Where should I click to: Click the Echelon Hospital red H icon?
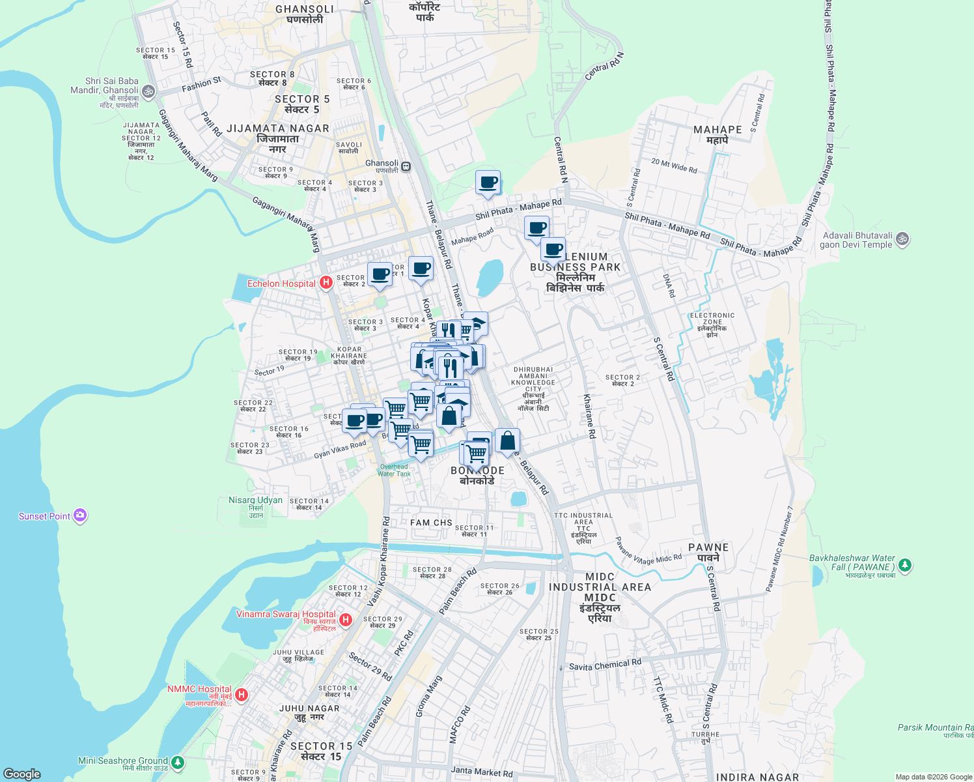click(x=326, y=283)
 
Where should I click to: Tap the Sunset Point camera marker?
click(x=80, y=516)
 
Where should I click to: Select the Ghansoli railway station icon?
click(x=406, y=166)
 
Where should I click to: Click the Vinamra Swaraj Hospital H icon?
click(x=346, y=619)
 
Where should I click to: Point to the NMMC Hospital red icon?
click(x=242, y=695)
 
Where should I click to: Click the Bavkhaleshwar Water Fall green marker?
click(x=904, y=565)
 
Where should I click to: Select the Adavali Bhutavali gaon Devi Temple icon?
click(x=902, y=239)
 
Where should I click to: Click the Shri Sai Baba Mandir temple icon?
click(x=148, y=92)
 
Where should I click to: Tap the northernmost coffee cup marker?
click(x=488, y=183)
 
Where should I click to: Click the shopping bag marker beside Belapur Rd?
click(x=507, y=441)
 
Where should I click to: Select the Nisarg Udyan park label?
click(x=255, y=500)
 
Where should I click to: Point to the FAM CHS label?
click(x=431, y=523)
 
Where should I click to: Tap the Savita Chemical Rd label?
click(x=605, y=665)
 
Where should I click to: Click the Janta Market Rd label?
click(x=482, y=772)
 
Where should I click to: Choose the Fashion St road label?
click(x=201, y=84)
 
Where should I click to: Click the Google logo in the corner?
click(x=21, y=774)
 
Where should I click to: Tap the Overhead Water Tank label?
click(x=394, y=470)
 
